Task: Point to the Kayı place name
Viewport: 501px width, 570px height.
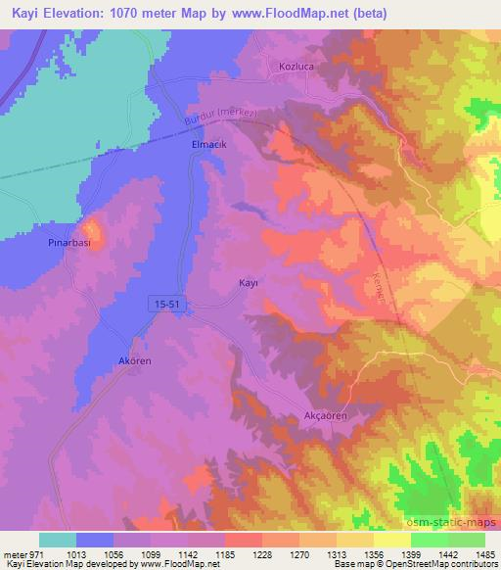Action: (x=249, y=282)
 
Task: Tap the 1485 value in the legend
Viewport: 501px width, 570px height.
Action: (x=481, y=553)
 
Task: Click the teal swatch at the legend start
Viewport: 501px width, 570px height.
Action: (x=58, y=540)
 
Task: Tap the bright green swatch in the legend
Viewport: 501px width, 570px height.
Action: (x=430, y=540)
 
